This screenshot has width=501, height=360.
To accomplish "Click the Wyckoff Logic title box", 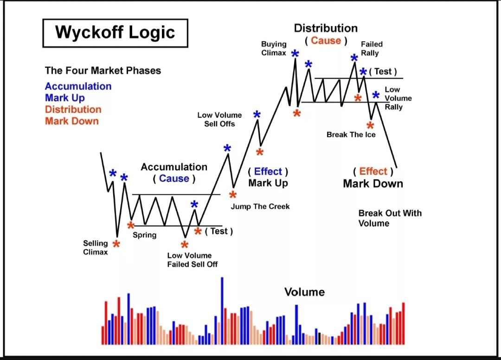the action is pyautogui.click(x=116, y=33).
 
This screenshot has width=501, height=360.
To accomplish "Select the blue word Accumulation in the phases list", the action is pyautogui.click(x=78, y=86).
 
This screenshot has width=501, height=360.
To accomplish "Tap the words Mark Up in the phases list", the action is pyautogui.click(x=65, y=98).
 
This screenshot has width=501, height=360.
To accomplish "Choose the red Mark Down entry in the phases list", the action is pyautogui.click(x=72, y=121).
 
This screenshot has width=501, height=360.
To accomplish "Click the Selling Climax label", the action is pyautogui.click(x=95, y=248).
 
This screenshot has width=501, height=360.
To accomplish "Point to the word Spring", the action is pyautogui.click(x=144, y=235).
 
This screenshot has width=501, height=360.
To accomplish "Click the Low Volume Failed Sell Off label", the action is pyautogui.click(x=193, y=260).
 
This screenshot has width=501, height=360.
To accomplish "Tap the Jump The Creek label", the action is pyautogui.click(x=260, y=206).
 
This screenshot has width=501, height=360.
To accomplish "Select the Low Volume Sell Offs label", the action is pyautogui.click(x=219, y=120).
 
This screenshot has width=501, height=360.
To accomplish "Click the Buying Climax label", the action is pyautogui.click(x=274, y=48).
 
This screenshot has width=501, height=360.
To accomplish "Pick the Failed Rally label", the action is pyautogui.click(x=372, y=49).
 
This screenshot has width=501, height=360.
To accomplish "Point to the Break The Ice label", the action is pyautogui.click(x=351, y=135).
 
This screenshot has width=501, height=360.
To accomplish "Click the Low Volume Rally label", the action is pyautogui.click(x=398, y=98).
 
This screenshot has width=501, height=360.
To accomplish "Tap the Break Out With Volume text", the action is pyautogui.click(x=390, y=218).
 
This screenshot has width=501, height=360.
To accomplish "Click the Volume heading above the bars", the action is pyautogui.click(x=304, y=292).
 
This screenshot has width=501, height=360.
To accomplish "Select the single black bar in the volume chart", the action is pyautogui.click(x=319, y=339).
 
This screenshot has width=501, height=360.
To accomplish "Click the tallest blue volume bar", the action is pyautogui.click(x=222, y=311).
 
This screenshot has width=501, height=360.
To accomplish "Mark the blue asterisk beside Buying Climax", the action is pyautogui.click(x=295, y=53).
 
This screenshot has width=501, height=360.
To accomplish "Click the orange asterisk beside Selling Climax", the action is pyautogui.click(x=116, y=244).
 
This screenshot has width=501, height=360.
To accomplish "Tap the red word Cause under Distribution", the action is pyautogui.click(x=326, y=40).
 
